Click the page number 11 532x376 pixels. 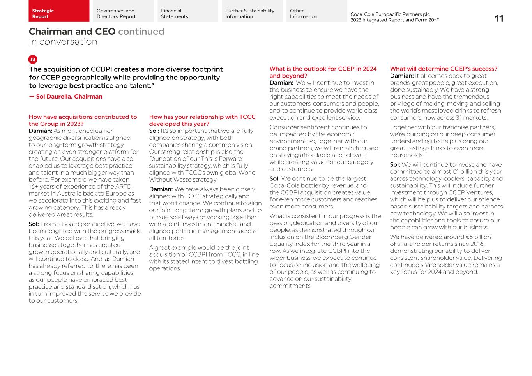coord(498,19)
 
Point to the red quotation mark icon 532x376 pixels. coord(33,60)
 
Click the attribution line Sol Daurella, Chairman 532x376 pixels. coord(65,97)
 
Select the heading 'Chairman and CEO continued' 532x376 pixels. coord(96,32)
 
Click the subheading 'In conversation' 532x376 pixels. coord(63,42)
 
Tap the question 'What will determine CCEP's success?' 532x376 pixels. coord(444,69)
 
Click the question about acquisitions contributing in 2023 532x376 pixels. coord(83,120)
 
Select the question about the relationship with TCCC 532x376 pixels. coord(202,120)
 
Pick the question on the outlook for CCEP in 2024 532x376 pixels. coord(323,72)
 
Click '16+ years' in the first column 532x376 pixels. coord(41,187)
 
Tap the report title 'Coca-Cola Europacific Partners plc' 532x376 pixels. coord(390,14)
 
